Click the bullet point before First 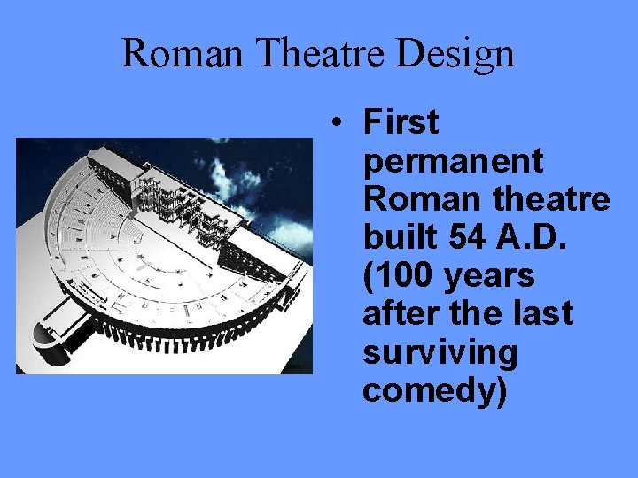339,123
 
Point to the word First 401,122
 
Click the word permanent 453,161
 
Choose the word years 488,276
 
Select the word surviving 440,352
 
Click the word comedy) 435,390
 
